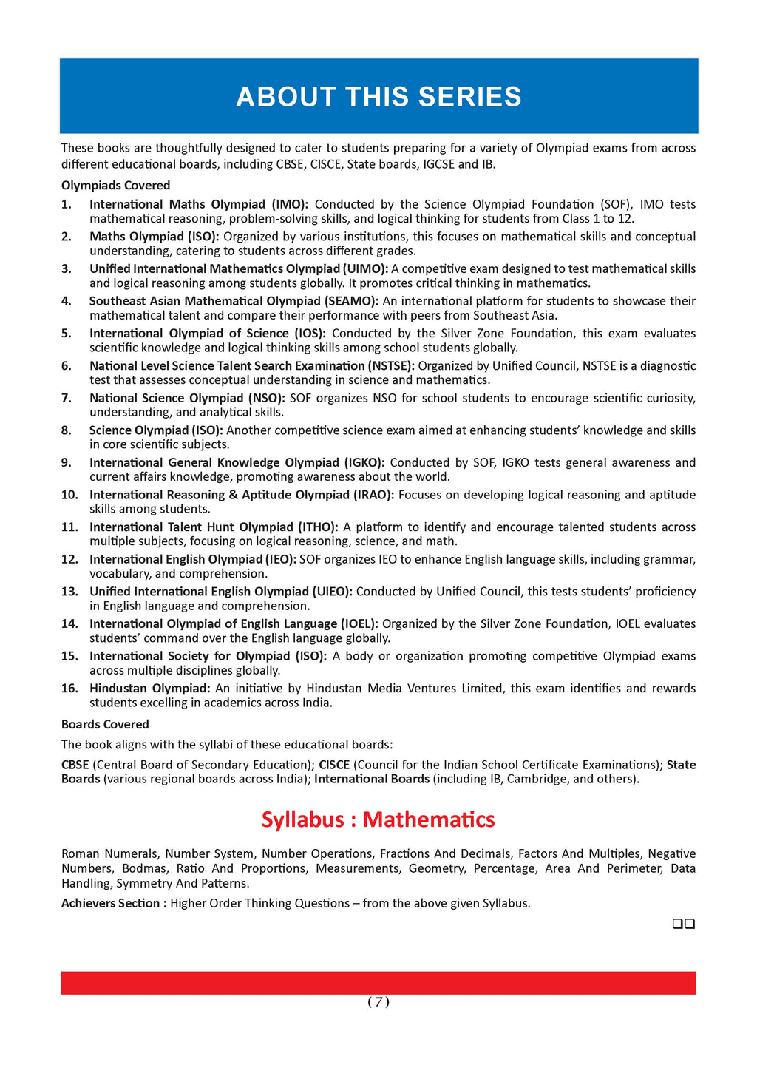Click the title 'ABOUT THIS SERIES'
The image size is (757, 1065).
point(378,97)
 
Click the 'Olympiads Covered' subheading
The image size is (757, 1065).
point(115,186)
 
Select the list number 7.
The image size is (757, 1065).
point(67,398)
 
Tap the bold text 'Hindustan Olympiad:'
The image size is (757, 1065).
point(150,689)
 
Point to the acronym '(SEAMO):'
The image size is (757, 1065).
point(351,301)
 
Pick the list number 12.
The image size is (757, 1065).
point(69,560)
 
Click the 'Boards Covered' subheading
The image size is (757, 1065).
point(105,725)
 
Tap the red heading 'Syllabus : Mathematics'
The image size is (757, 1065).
point(378,819)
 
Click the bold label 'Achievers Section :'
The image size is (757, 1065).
point(114,903)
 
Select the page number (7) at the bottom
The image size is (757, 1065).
point(378,1002)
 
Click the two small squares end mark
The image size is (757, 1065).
point(683,924)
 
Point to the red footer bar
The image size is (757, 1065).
point(378,983)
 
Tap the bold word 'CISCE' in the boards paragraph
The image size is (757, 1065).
point(334,765)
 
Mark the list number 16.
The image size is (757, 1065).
point(69,689)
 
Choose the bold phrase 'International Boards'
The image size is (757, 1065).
point(372,779)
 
